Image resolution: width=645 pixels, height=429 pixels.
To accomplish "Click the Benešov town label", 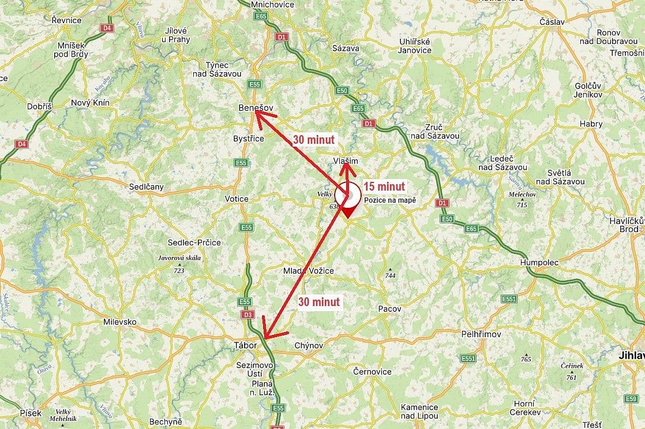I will (255, 108).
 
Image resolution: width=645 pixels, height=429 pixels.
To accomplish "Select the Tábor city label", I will (245, 345).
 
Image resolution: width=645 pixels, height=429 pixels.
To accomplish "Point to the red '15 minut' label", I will (384, 186).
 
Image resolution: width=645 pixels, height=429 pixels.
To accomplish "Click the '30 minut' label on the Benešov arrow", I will (313, 140).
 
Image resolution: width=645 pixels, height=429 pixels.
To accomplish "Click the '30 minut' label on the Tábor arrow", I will (319, 301).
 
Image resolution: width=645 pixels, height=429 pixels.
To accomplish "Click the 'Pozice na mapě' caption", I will (389, 200).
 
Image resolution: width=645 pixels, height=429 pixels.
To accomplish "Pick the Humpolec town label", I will (539, 262).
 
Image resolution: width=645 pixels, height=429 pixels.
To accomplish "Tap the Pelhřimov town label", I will (482, 334).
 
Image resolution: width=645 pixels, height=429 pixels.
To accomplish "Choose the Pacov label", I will (389, 309).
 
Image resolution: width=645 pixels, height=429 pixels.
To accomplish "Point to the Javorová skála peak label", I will (179, 258).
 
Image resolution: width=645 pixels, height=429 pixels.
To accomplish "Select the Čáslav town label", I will (552, 21).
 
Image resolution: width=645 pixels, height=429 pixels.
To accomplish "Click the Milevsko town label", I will (119, 322).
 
